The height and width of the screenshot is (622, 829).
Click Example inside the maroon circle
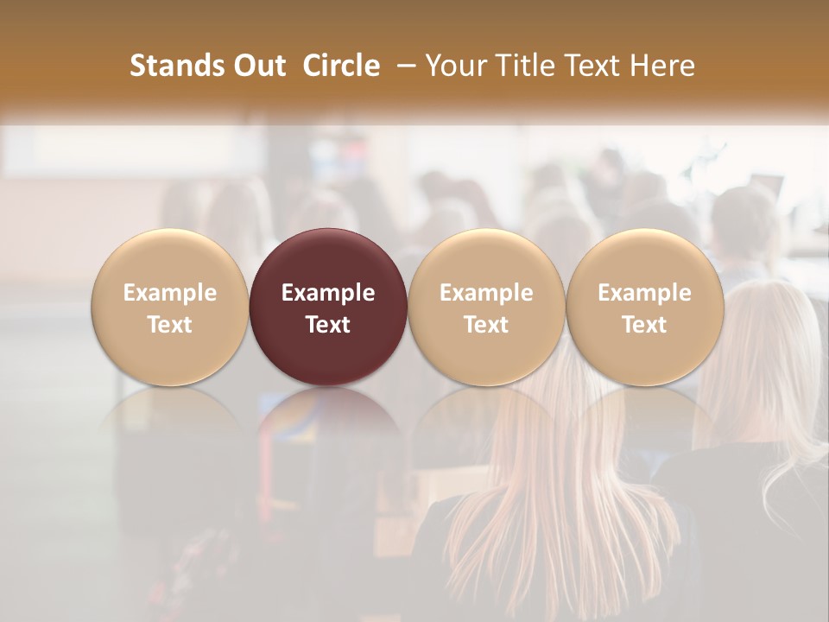328,293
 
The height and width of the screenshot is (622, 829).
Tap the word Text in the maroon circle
328,325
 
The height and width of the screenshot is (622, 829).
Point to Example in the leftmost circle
169,293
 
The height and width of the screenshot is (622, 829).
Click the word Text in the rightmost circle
645,325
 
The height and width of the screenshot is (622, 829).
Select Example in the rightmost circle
645,293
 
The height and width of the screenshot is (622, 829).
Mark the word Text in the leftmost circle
169,325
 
